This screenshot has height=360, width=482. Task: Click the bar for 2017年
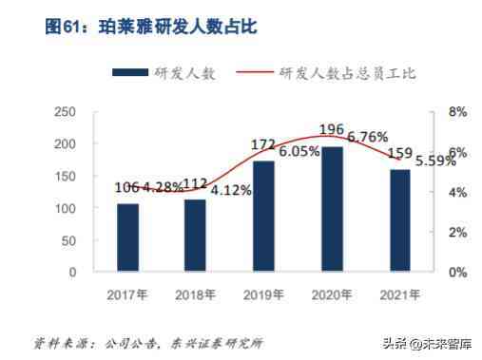[x=127, y=237]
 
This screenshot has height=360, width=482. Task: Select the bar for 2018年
[x=195, y=236]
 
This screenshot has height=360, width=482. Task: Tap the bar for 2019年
[x=263, y=217]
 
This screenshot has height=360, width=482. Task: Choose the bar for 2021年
[x=399, y=220]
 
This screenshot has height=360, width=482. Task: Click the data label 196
[x=332, y=130]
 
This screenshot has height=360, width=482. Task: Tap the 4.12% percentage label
[x=231, y=190]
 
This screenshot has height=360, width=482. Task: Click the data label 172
[x=262, y=145]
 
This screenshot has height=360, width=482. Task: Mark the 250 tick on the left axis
[x=65, y=112]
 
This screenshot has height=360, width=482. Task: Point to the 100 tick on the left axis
[x=65, y=208]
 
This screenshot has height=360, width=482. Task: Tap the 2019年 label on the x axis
[x=263, y=294]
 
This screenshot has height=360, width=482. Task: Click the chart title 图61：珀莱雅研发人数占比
[x=151, y=28]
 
